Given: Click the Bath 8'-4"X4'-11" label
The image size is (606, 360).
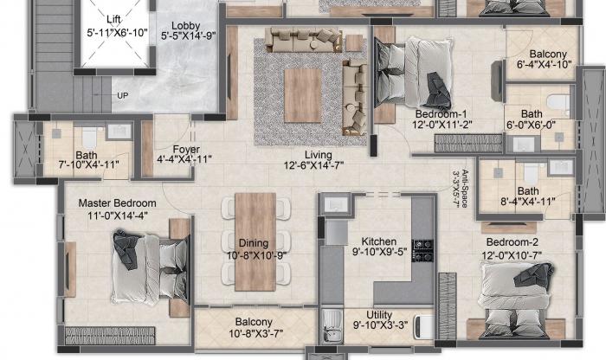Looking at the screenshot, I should pos(527,191).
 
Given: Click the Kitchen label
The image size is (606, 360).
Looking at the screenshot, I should pos(379,241).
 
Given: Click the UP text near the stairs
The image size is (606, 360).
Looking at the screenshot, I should pos(123,95).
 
